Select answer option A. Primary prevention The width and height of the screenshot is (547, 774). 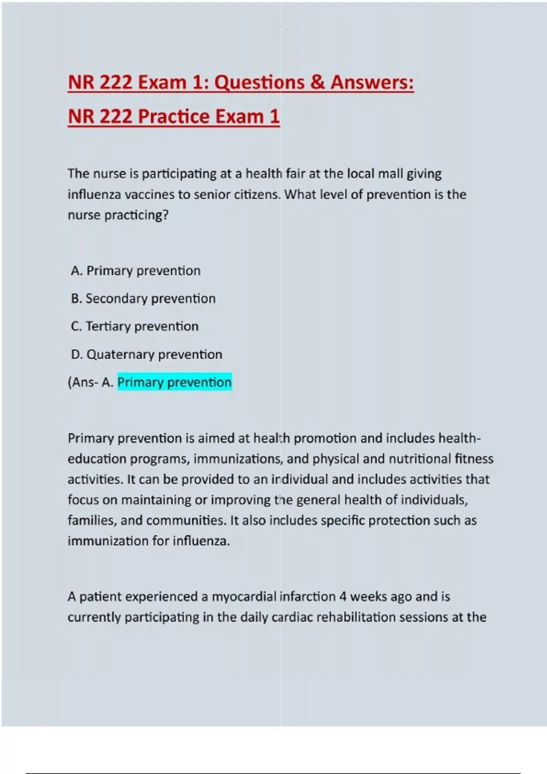(136, 271)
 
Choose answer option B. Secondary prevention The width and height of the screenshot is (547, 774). (143, 299)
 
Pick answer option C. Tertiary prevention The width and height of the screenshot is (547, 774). (135, 326)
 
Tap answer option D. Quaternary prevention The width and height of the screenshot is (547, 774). (147, 354)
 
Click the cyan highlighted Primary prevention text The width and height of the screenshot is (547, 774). (175, 382)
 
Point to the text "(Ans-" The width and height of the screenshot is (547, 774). (83, 382)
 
